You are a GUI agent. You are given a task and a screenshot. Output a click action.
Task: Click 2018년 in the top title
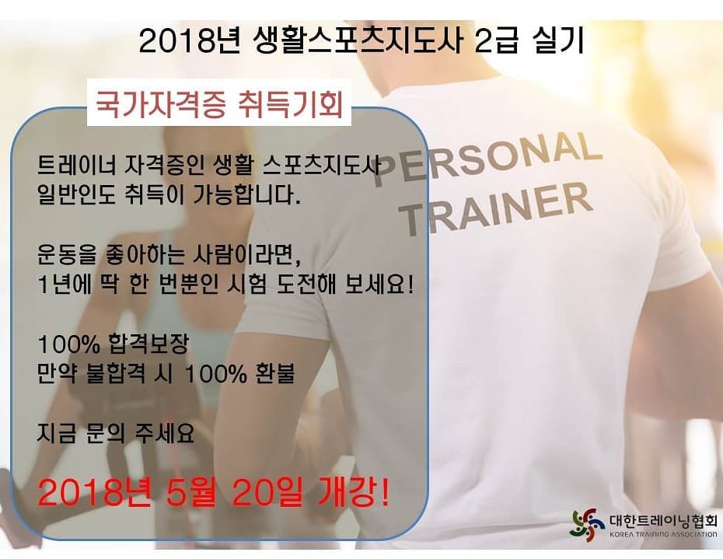click(189, 41)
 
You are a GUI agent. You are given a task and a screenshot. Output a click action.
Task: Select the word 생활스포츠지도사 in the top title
click(358, 40)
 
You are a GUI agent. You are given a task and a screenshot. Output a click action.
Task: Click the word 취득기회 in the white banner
click(291, 103)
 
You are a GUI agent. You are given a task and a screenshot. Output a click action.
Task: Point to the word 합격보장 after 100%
click(148, 344)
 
